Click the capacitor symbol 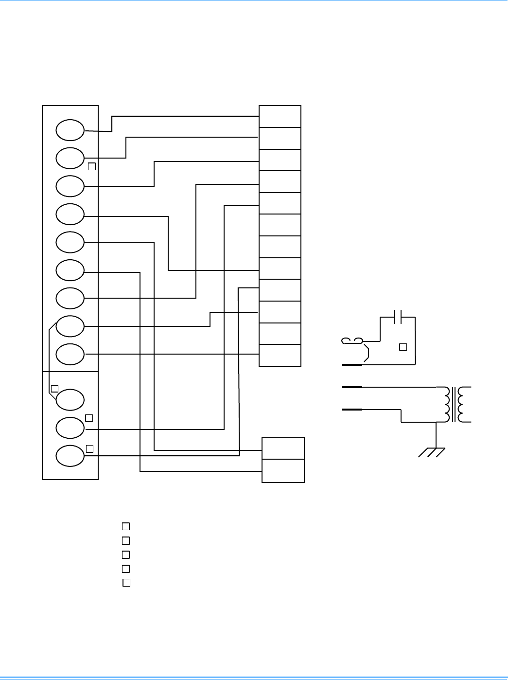pos(397,318)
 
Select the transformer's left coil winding pos(446,405)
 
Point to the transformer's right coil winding pos(465,405)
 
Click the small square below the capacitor pos(403,347)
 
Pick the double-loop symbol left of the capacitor pos(352,340)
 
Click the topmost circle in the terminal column pos(70,130)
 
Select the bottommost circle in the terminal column pos(70,456)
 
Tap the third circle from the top pos(70,186)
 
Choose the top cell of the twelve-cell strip pos(280,116)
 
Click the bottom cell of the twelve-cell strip pos(280,355)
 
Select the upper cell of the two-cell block pos(283,448)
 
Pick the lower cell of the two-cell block pos(283,471)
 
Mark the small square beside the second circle pos(91,166)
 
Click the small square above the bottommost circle pos(89,448)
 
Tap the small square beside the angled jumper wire pos(54,388)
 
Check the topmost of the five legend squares pos(125,526)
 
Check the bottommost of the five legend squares pos(126,583)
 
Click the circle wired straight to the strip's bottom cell pos(70,354)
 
